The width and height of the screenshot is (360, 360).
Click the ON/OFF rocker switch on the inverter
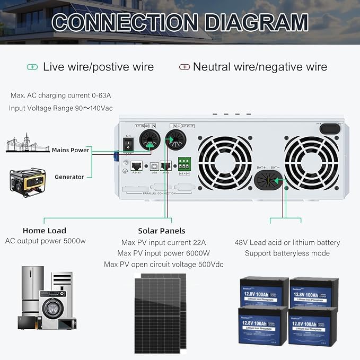[x=128, y=144]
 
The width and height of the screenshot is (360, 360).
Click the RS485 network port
[x=136, y=165]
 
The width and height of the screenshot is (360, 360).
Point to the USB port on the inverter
[x=154, y=166]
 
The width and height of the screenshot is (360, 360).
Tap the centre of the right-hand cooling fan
[x=311, y=163]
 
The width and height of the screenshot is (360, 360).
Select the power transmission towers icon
[x=24, y=145]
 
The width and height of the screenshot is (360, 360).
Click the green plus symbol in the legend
[x=32, y=67]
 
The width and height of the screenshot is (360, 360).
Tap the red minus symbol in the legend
[x=184, y=67]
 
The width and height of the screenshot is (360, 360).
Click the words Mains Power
[x=71, y=150]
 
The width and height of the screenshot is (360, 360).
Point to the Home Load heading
[x=45, y=231]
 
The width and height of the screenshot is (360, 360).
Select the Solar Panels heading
[x=162, y=231]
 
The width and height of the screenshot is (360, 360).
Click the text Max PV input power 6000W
[x=164, y=253]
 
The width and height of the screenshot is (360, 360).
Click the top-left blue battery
[x=264, y=290]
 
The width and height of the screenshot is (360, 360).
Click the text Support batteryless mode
[x=287, y=253]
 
